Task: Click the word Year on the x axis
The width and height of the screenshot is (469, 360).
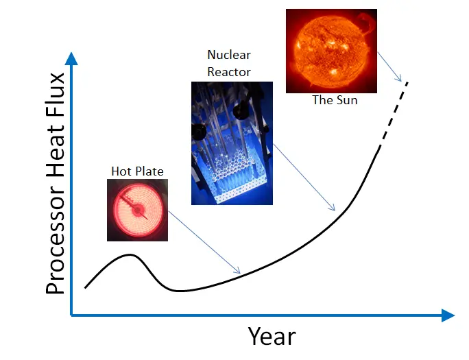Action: [272, 336]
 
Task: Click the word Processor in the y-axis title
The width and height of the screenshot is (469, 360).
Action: [55, 241]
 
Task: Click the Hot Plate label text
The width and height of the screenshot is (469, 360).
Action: [137, 171]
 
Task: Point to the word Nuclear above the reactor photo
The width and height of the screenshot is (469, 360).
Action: [229, 55]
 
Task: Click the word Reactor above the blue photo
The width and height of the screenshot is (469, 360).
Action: [229, 72]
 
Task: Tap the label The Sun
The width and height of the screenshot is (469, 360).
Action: [335, 100]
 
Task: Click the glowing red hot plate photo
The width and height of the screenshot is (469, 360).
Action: [137, 210]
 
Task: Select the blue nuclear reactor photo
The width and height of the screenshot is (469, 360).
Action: [232, 143]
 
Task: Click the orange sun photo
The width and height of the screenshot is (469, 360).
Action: [331, 51]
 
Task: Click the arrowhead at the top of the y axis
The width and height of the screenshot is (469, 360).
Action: [71, 58]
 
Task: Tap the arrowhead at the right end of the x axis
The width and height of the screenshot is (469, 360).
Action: [448, 315]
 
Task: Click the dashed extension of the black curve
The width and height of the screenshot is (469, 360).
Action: [393, 115]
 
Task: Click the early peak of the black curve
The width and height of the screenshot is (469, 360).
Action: [130, 255]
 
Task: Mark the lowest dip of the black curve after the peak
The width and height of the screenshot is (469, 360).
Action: [179, 291]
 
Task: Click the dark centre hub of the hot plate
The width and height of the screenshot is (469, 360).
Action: [138, 211]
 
